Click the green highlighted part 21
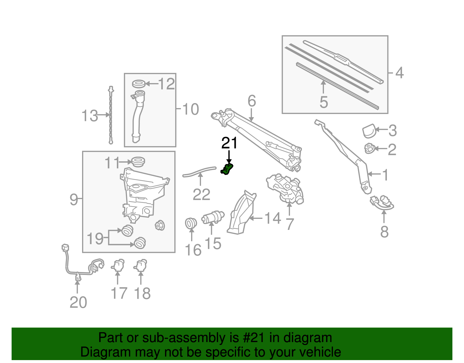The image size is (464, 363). point(227,170)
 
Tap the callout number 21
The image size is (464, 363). point(229,143)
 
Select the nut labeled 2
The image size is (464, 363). point(369,148)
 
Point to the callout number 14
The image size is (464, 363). point(273,218)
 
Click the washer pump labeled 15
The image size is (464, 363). point(213,217)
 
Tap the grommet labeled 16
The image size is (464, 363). point(191,223)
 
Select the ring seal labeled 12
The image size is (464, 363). point(139,84)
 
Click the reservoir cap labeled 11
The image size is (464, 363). point(138,161)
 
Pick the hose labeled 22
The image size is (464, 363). point(200,171)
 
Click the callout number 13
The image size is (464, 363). point(90,116)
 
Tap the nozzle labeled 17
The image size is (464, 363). point(118,265)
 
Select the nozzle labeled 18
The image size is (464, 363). point(141,265)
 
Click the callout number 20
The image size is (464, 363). point(78,303)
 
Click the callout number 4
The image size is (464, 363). point(399,73)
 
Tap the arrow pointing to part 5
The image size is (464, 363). point(323,87)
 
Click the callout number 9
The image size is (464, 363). point(74,200)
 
